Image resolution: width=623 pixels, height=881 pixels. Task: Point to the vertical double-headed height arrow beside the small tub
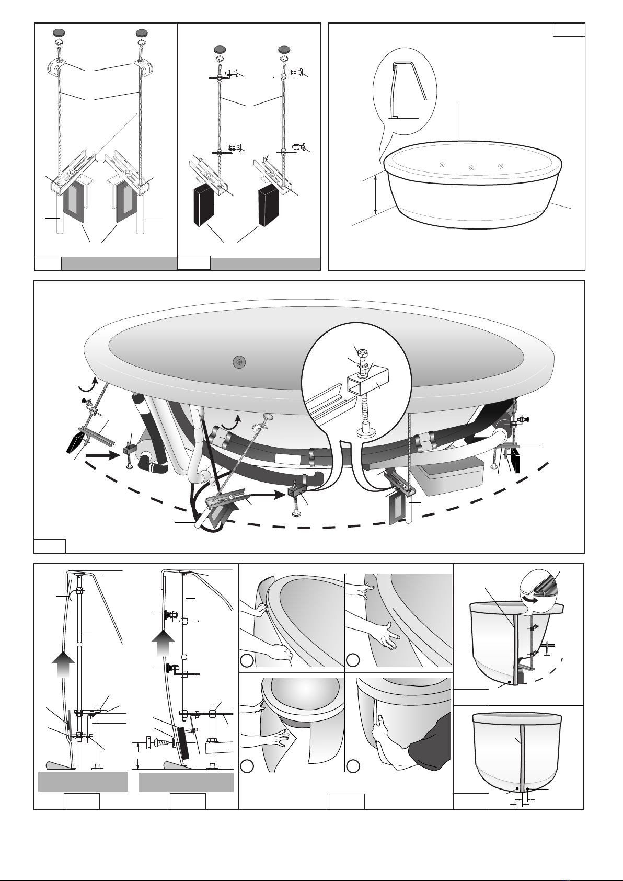pos(376,195)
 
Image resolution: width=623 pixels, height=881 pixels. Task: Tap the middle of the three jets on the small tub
pos(471,168)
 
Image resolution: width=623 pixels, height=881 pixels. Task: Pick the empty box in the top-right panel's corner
pos(569,30)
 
